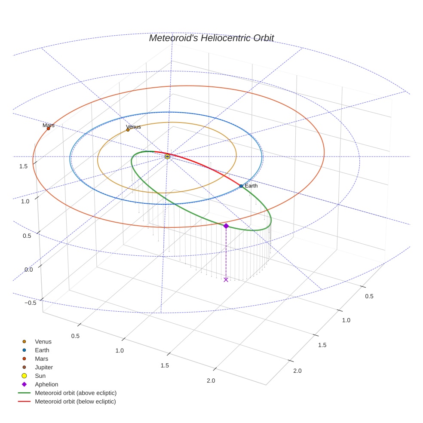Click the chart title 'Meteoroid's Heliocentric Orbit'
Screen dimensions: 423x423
pyautogui.click(x=211, y=38)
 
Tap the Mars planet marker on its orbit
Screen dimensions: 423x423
pyautogui.click(x=48, y=128)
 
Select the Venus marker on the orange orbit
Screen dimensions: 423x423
pyautogui.click(x=128, y=129)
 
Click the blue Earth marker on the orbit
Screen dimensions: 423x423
pyautogui.click(x=241, y=186)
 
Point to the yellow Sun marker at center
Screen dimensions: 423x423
pyautogui.click(x=167, y=156)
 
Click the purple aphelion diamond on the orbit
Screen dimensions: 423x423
pyautogui.click(x=226, y=226)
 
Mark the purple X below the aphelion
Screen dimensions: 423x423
pyautogui.click(x=226, y=280)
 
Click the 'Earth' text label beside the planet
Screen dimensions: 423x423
pyautogui.click(x=251, y=186)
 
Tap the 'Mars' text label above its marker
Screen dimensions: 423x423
pyautogui.click(x=49, y=125)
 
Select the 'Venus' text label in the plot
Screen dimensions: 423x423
pyautogui.click(x=133, y=127)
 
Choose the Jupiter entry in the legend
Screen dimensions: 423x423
pyautogui.click(x=43, y=367)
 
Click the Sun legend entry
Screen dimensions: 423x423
pyautogui.click(x=40, y=376)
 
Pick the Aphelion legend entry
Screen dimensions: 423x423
pyautogui.click(x=46, y=384)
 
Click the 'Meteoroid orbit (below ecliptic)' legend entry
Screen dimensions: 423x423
pyautogui.click(x=75, y=402)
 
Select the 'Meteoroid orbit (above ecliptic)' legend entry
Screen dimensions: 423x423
pyautogui.click(x=76, y=393)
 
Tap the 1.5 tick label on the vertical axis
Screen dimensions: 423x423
pyautogui.click(x=24, y=166)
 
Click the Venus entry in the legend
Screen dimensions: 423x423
pyautogui.click(x=43, y=341)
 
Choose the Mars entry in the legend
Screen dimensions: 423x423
pyautogui.click(x=41, y=359)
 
